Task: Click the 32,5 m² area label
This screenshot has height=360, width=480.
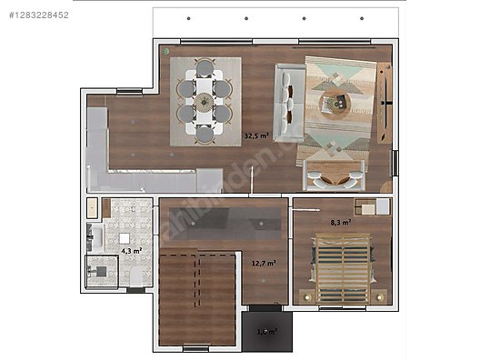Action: pyautogui.click(x=256, y=135)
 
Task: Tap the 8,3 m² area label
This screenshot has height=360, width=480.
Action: pyautogui.click(x=341, y=221)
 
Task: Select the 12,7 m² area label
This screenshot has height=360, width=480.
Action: pyautogui.click(x=264, y=264)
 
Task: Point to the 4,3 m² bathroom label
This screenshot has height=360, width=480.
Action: pyautogui.click(x=131, y=250)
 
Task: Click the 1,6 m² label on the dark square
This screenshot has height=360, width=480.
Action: pyautogui.click(x=267, y=331)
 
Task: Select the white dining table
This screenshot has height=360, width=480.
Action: pyautogui.click(x=205, y=100)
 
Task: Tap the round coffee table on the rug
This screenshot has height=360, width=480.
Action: pyautogui.click(x=337, y=103)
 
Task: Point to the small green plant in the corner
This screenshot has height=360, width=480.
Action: pyautogui.click(x=166, y=51)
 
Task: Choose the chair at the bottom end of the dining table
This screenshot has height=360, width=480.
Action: pyautogui.click(x=205, y=135)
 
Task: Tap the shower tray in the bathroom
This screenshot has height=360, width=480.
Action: pyautogui.click(x=102, y=271)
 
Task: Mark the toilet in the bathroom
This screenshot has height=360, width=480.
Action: pyautogui.click(x=135, y=276)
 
